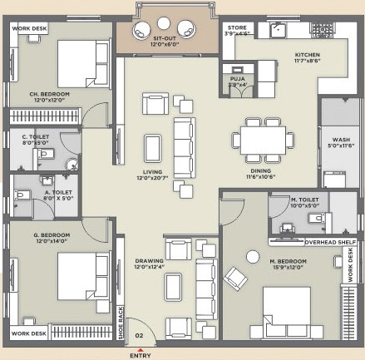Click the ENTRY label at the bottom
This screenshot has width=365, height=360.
tap(141, 355)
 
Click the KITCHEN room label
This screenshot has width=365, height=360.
tap(307, 57)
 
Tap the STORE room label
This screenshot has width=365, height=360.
tap(237, 27)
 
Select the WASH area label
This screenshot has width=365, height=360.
tap(340, 141)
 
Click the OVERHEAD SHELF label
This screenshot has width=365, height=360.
tap(307, 242)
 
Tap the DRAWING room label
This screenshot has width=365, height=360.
tap(150, 261)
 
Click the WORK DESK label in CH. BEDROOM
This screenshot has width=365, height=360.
tap(28, 28)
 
